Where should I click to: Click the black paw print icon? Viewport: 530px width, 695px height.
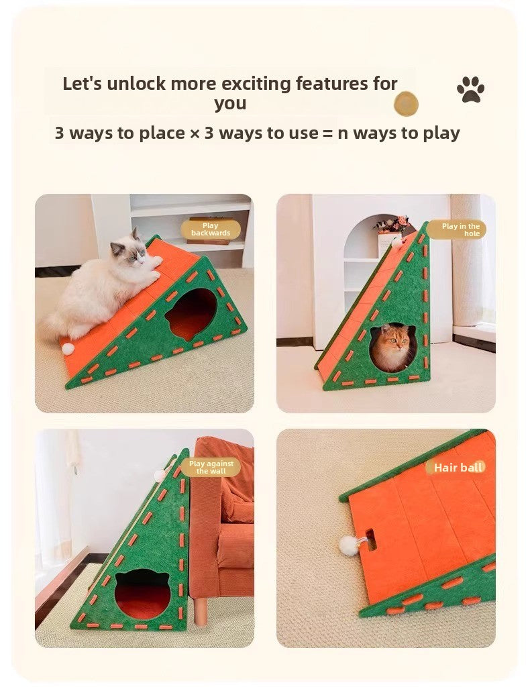(x=470, y=89)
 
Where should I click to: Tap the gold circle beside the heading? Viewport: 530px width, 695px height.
(x=406, y=104)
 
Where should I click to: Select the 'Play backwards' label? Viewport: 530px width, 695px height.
(x=210, y=229)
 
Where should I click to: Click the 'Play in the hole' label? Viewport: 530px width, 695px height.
(x=460, y=230)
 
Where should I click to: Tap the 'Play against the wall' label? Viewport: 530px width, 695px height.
(x=211, y=468)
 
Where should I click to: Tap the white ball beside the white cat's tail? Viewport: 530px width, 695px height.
(x=67, y=349)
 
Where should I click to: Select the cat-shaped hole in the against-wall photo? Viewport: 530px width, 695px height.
(x=142, y=594)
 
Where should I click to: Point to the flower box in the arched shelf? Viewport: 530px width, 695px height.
(x=392, y=225)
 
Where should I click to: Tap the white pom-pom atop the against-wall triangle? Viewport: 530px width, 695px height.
(x=160, y=476)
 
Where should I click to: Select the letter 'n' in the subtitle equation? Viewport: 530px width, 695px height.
(x=343, y=133)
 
